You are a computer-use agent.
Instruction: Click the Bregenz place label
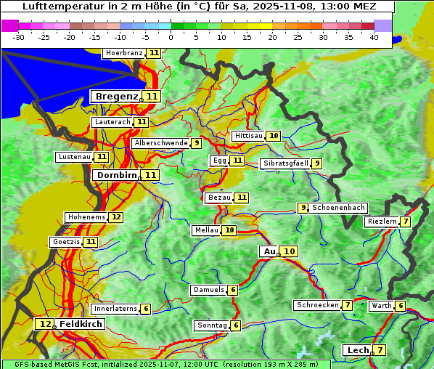click(x=115, y=97)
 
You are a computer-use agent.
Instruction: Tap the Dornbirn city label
click(x=115, y=175)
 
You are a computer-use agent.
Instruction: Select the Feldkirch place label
click(x=81, y=324)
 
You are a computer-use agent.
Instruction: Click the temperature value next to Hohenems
click(x=116, y=217)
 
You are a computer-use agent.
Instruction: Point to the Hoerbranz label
click(x=123, y=53)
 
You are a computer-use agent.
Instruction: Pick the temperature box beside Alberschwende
click(x=197, y=143)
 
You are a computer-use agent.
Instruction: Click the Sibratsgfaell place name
click(x=285, y=163)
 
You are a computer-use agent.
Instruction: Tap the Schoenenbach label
click(x=338, y=208)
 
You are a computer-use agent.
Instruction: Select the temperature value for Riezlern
click(x=406, y=222)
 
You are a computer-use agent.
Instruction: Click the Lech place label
click(x=358, y=350)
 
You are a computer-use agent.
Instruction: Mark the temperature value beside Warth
click(x=401, y=307)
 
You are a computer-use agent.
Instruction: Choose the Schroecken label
click(x=317, y=305)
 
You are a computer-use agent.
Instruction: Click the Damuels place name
click(x=208, y=290)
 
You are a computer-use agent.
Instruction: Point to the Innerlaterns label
click(x=115, y=309)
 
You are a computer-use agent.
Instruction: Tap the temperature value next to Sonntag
click(x=236, y=325)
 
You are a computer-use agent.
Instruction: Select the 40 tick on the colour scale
click(x=374, y=36)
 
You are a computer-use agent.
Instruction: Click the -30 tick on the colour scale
click(x=19, y=36)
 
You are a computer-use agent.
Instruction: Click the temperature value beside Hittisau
click(x=274, y=136)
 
